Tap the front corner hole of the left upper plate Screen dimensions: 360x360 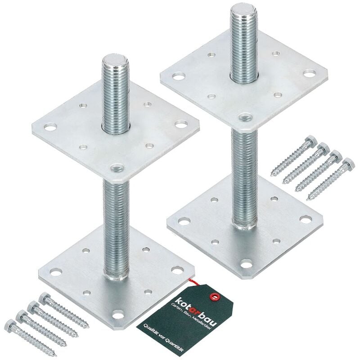point(117,168)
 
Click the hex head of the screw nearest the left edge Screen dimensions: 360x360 point(10,324)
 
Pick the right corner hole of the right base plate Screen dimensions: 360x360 point(305,219)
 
